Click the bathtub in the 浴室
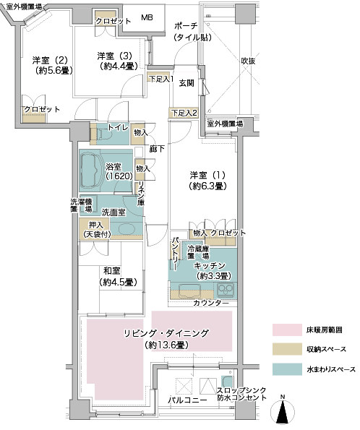pyautogui.click(x=91, y=171)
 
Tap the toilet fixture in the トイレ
pyautogui.click(x=102, y=134)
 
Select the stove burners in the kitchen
pyautogui.click(x=226, y=289)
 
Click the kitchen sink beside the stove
pyautogui.click(x=189, y=291)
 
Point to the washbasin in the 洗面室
pyautogui.click(x=127, y=229)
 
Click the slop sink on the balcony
pyautogui.click(x=228, y=382)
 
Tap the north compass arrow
pyautogui.click(x=283, y=412)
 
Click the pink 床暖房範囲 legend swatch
pyautogui.click(x=287, y=330)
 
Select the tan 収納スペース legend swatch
pyautogui.click(x=287, y=349)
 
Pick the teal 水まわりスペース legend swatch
pyautogui.click(x=287, y=369)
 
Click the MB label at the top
pyautogui.click(x=147, y=17)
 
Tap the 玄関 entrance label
pyautogui.click(x=187, y=83)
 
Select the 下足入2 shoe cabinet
pyautogui.click(x=184, y=113)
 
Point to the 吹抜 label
pyautogui.click(x=248, y=61)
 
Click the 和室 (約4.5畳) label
pyautogui.click(x=119, y=276)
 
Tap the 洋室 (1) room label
pyautogui.click(x=207, y=181)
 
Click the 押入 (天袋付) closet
pyautogui.click(x=95, y=229)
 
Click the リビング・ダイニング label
pyautogui.click(x=166, y=339)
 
